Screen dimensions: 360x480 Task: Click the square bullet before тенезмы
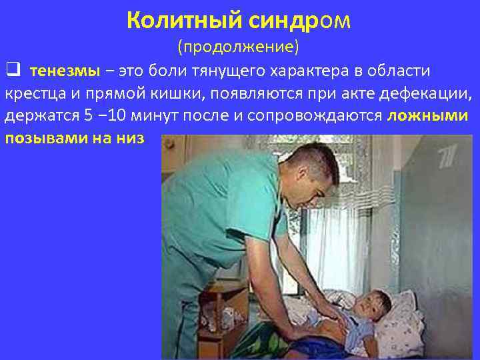tap(11, 70)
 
